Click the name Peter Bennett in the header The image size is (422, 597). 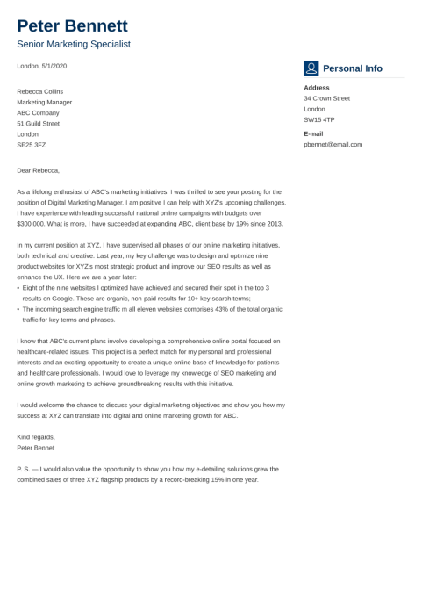point(72,25)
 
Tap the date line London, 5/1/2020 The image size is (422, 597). point(42,66)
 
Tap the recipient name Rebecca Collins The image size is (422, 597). point(40,91)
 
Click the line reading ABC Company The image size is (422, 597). point(39,112)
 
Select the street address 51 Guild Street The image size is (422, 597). point(39,123)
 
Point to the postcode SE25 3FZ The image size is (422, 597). point(32,144)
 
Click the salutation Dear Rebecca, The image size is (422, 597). point(39,170)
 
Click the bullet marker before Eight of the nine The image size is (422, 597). point(18,288)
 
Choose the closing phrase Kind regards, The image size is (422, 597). point(36,436)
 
